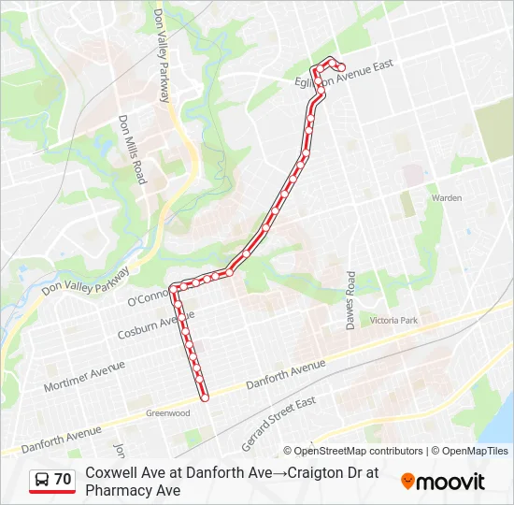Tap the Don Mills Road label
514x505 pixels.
coord(132,149)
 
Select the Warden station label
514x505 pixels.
coord(446,198)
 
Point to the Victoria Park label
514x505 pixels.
coord(394,320)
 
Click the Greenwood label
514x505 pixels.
coord(167,412)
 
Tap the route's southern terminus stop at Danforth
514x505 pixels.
coord(205,397)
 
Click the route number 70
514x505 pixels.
coord(63,480)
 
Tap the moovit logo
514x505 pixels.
coord(443,482)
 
